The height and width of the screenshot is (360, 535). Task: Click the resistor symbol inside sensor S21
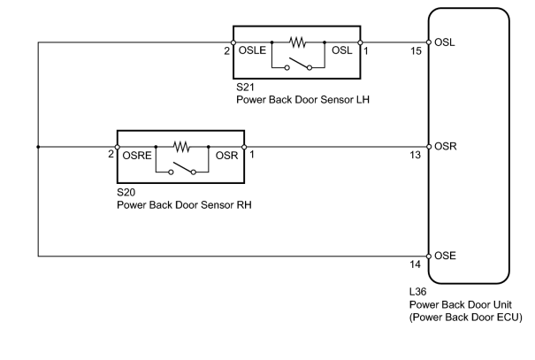[x=297, y=42]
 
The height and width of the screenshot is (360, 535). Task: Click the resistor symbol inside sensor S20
[x=181, y=147]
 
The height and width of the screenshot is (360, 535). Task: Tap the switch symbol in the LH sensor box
[x=298, y=65]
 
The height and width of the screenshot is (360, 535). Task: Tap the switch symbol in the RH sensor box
[x=182, y=169]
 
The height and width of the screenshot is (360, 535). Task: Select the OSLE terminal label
[x=252, y=50]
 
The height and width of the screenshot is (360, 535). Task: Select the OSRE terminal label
[x=137, y=156]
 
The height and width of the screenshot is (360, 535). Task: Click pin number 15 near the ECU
[x=416, y=51]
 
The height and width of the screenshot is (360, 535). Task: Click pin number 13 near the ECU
[x=416, y=156]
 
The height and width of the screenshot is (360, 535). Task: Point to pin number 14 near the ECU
[x=416, y=264]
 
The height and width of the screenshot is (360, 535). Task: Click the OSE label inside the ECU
[x=445, y=256]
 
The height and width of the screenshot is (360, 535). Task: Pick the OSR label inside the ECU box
[x=446, y=147]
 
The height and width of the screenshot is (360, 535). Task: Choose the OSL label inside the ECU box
[x=445, y=42]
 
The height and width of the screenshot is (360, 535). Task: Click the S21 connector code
[x=245, y=88]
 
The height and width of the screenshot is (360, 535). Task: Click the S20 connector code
[x=126, y=193]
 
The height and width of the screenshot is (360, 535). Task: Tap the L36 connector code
[x=418, y=292]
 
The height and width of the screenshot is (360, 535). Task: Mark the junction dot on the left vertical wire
[x=38, y=147]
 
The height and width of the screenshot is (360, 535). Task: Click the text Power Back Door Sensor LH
[x=303, y=100]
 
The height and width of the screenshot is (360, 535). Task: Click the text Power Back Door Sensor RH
[x=184, y=205]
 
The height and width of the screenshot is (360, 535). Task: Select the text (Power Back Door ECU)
[x=466, y=318]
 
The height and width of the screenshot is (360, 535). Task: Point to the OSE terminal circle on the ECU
[x=429, y=257]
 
